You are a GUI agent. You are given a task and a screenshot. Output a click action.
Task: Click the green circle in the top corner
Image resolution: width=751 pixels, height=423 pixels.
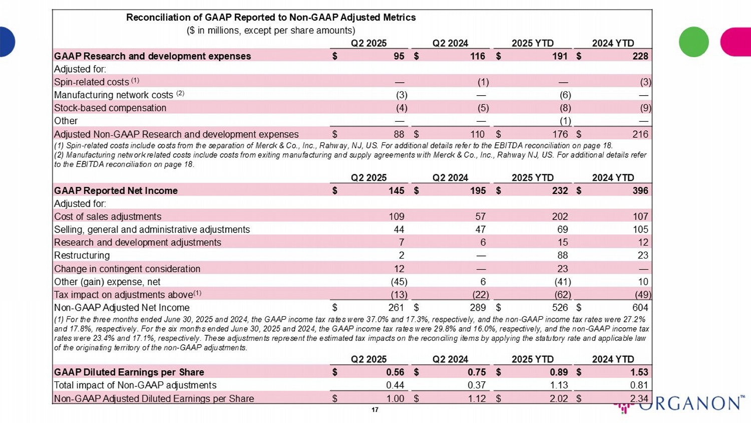point(693,42)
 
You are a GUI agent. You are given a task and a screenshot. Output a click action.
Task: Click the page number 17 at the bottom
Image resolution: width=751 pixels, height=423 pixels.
point(375,410)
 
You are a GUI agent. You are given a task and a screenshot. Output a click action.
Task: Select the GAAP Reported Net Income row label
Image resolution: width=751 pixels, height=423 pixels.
point(116,190)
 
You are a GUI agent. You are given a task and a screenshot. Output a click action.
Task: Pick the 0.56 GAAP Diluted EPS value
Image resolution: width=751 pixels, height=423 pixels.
point(395,372)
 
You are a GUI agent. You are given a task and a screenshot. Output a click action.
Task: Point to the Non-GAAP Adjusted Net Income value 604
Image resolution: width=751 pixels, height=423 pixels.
point(640,307)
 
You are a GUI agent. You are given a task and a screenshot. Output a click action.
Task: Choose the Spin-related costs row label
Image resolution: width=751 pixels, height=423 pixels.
point(92,82)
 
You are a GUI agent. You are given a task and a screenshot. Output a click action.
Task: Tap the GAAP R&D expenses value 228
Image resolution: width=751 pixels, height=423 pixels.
point(640,56)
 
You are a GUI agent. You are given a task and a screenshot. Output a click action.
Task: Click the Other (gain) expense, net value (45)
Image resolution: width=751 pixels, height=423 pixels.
point(399,282)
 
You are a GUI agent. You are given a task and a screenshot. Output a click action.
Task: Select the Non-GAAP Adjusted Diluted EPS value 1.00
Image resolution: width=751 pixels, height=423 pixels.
point(395,398)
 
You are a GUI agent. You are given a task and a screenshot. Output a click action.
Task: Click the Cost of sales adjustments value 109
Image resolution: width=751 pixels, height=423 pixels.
point(396,217)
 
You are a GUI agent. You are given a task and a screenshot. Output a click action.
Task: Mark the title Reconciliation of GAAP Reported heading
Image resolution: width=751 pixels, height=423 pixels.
point(271,18)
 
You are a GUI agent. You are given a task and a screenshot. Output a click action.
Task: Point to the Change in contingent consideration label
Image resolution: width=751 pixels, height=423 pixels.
point(127,269)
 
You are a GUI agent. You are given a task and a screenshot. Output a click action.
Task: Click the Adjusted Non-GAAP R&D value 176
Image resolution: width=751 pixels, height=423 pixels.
point(560,134)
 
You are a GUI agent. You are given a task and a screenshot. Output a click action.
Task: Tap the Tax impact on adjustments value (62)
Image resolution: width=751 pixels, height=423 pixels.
point(562,295)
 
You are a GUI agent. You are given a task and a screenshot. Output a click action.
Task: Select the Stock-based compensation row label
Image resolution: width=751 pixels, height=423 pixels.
point(110,108)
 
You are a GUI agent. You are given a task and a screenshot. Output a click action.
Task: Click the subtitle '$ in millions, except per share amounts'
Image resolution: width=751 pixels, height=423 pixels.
point(271,31)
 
